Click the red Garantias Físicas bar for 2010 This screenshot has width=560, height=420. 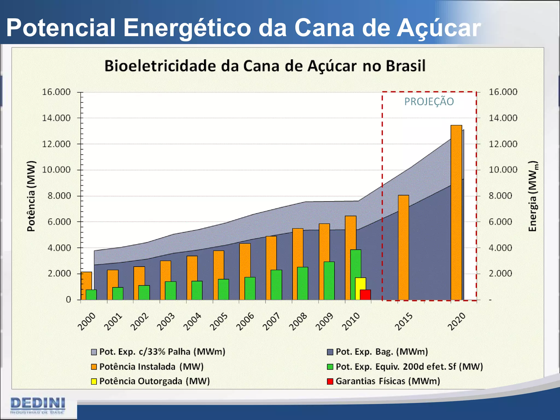point(365,295)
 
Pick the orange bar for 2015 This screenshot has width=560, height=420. point(403,247)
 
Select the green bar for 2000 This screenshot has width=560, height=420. point(91,295)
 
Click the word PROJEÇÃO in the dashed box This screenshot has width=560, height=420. point(429,102)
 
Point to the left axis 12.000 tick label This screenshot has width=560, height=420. point(56,144)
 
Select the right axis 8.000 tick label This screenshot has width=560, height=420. point(500,196)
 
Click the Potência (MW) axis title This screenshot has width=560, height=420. point(31,196)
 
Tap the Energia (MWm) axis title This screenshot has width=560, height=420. point(533,196)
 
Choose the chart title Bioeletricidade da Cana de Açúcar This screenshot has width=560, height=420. point(265,66)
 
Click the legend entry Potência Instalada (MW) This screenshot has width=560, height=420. point(151,367)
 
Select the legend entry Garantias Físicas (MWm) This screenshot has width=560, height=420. point(387,381)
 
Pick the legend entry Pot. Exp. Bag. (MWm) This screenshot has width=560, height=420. point(381,352)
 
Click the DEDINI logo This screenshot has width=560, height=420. point(38,406)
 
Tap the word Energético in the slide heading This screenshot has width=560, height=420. point(187,28)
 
